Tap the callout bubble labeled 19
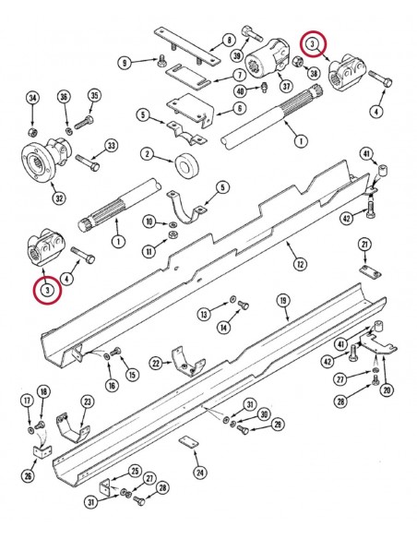tap(283, 301)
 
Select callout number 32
tap(33, 198)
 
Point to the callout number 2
tap(147, 152)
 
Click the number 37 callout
tap(286, 87)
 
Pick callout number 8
tap(228, 40)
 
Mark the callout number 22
tap(156, 364)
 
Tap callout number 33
tap(112, 145)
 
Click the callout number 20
tap(387, 389)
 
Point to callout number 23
tap(87, 401)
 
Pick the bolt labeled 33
tap(89, 164)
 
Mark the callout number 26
tap(30, 476)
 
